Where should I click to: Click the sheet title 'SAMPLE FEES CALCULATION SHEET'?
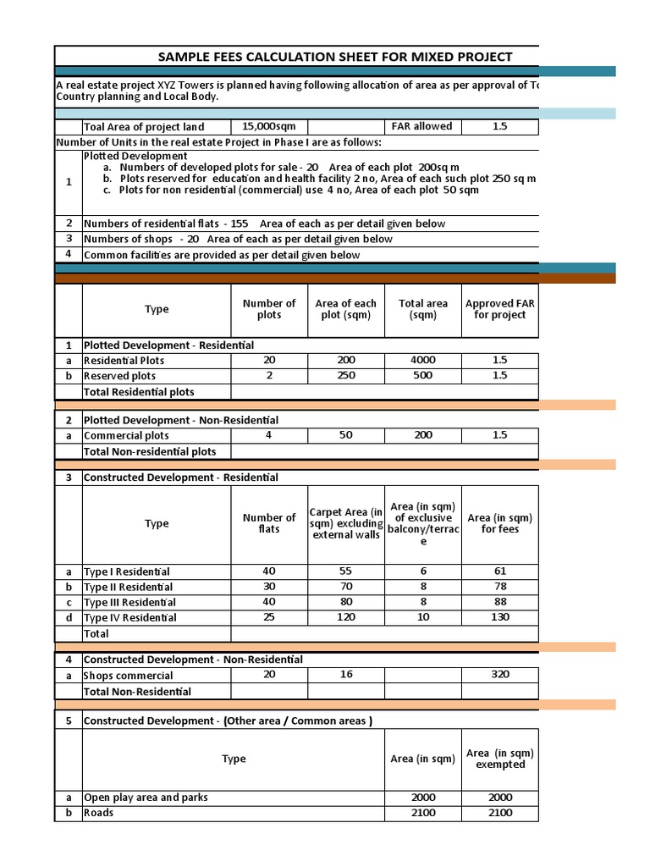(335, 57)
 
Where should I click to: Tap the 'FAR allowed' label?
(421, 126)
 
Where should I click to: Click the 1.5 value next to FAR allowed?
(499, 126)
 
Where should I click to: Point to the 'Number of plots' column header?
(269, 309)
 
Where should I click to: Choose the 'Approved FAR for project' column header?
(499, 309)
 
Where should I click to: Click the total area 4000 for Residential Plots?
(423, 360)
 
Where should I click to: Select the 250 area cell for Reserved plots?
(345, 375)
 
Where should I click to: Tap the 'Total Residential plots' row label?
(139, 391)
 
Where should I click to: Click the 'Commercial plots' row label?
(126, 435)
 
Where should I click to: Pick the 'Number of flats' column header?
(269, 523)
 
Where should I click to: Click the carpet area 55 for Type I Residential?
(345, 572)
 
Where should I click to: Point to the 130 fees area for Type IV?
(499, 617)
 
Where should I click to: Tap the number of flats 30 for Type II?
(269, 587)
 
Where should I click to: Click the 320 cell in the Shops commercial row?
(499, 676)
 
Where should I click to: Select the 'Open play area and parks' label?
(146, 798)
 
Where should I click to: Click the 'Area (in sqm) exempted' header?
(500, 759)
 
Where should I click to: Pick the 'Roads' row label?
(98, 813)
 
